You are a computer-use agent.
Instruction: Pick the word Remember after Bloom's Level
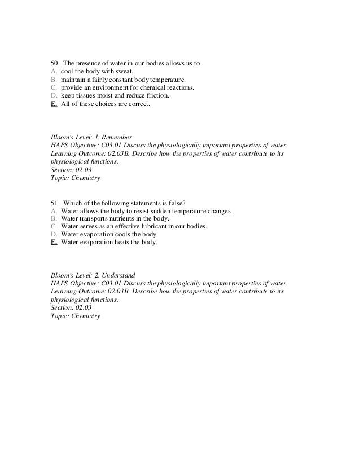(118, 137)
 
